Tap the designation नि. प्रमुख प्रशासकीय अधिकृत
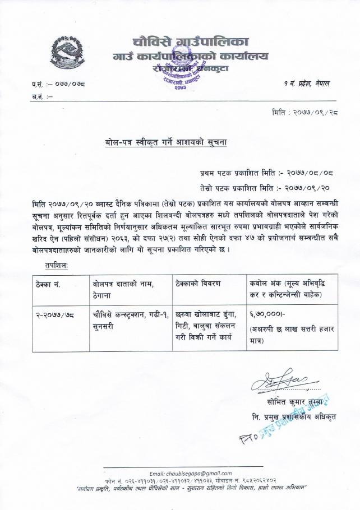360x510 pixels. tap(295, 418)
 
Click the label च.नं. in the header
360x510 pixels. tap(38, 96)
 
